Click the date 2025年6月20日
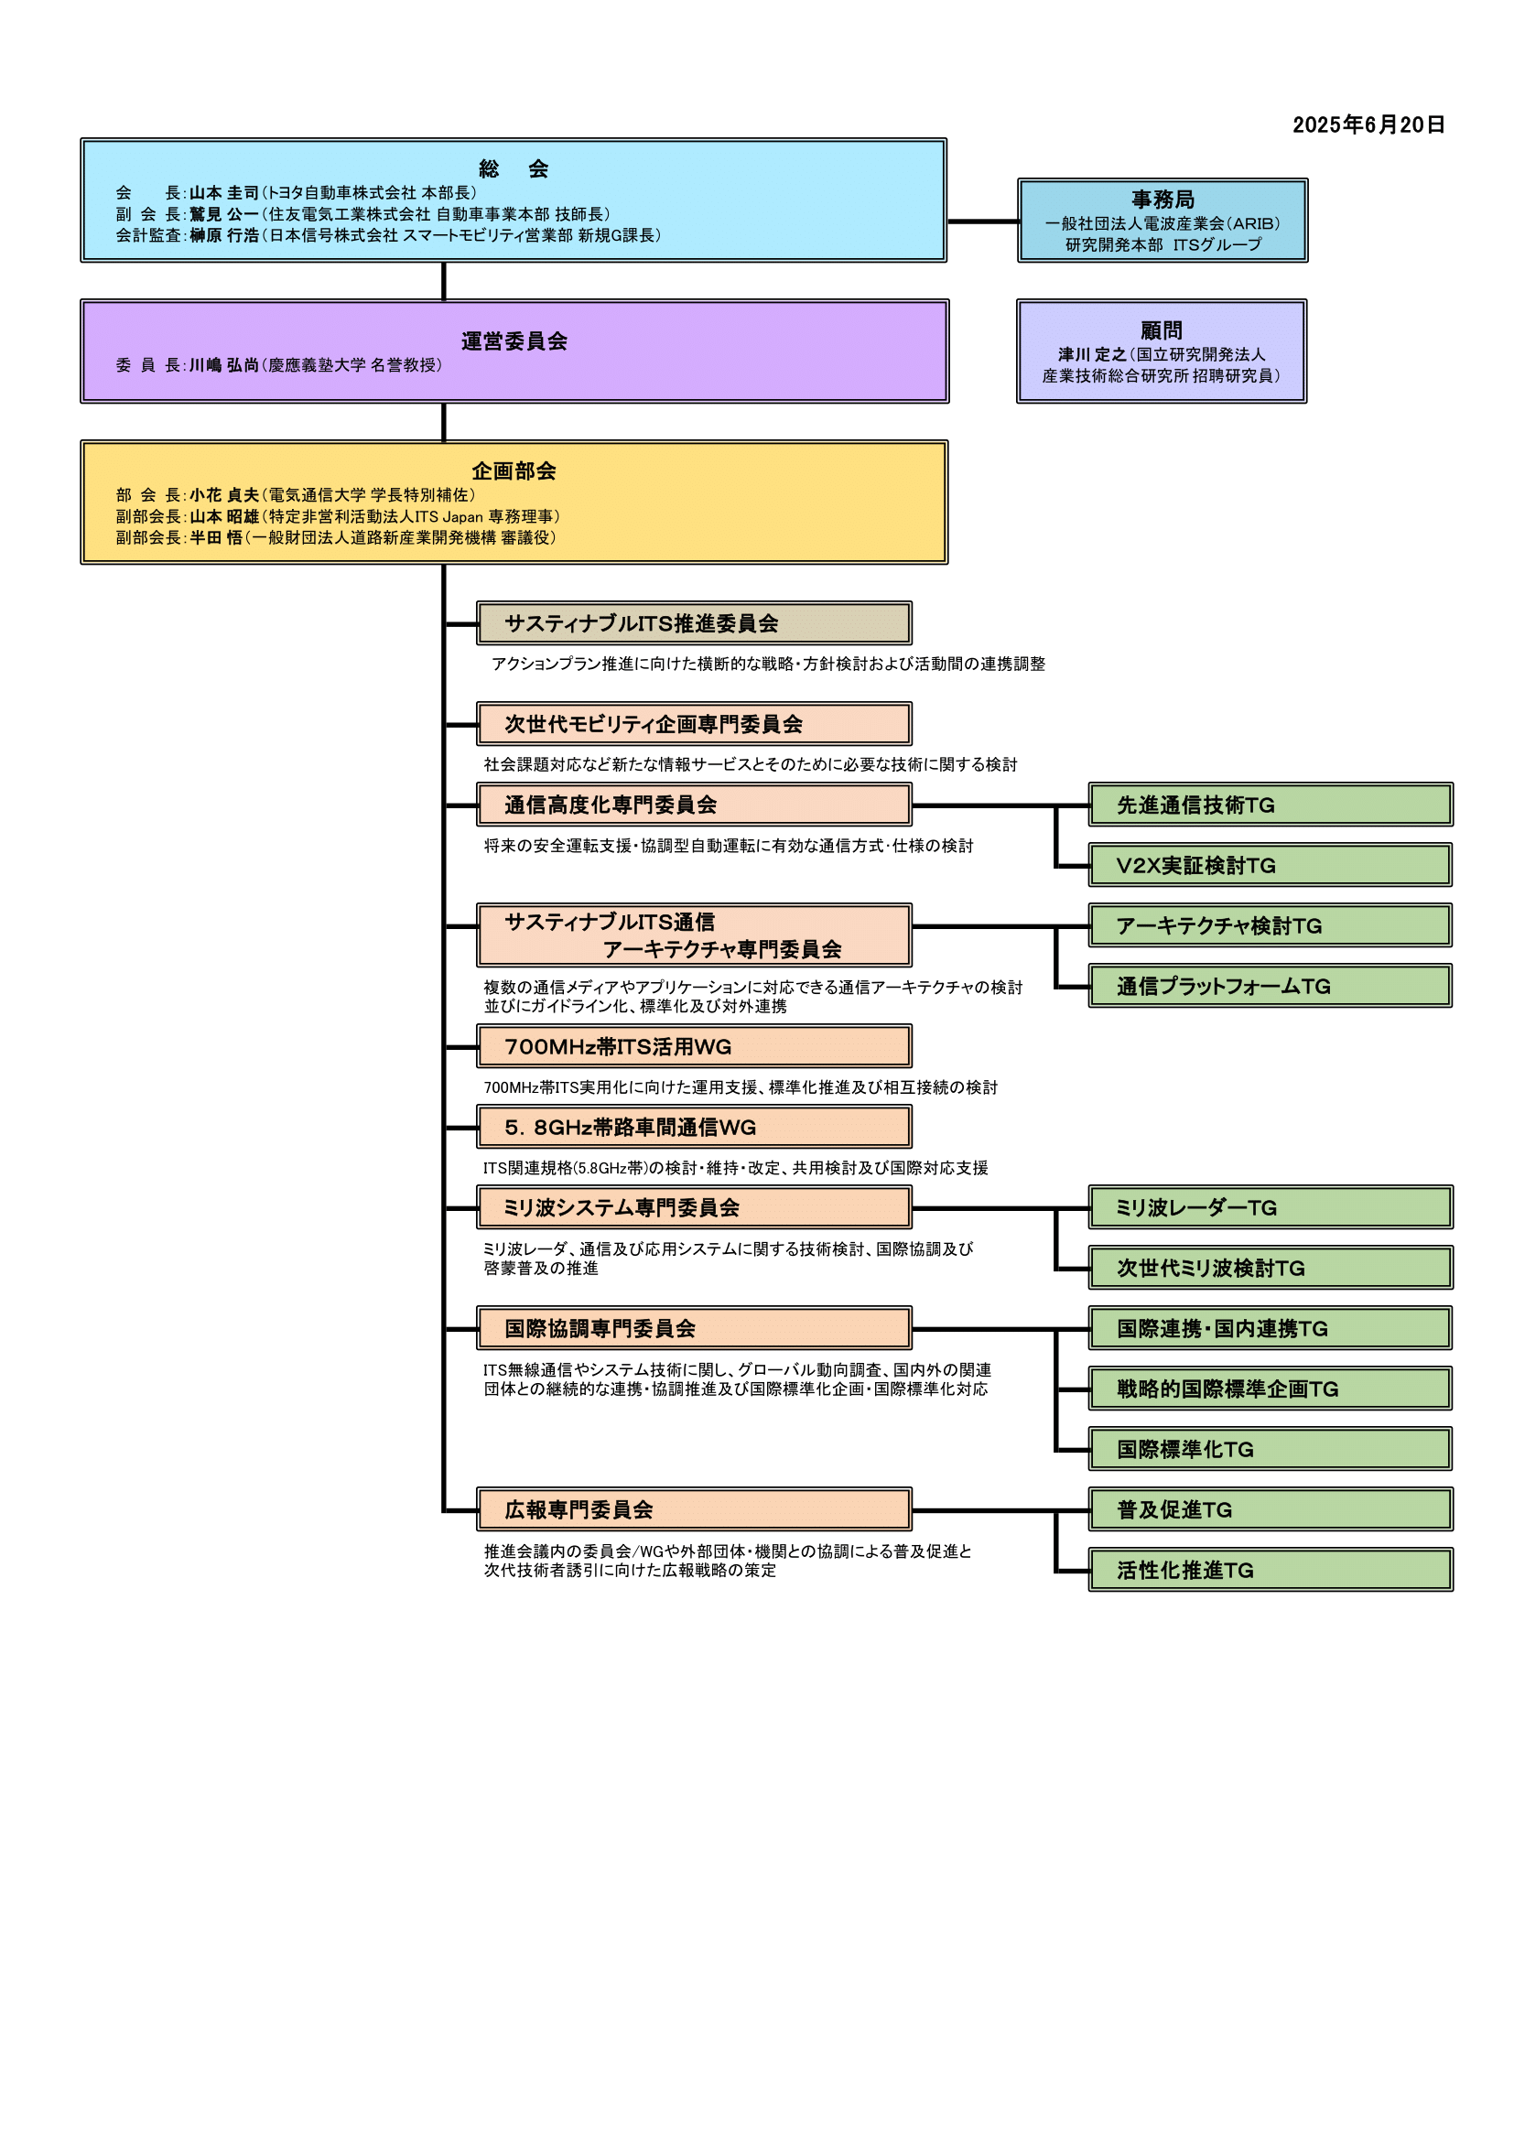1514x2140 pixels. pyautogui.click(x=1368, y=124)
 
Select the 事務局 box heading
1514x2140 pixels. pyautogui.click(x=1163, y=200)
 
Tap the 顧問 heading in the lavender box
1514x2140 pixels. pyautogui.click(x=1162, y=330)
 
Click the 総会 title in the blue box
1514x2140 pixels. pyautogui.click(x=514, y=168)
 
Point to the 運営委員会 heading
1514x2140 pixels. pyautogui.click(x=514, y=341)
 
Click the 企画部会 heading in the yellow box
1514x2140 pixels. pyautogui.click(x=514, y=470)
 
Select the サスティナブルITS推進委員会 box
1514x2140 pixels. pyautogui.click(x=695, y=622)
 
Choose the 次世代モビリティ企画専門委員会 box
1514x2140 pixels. pyautogui.click(x=695, y=723)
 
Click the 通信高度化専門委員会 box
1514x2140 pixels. pyautogui.click(x=695, y=805)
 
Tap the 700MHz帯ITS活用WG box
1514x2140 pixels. pyautogui.click(x=695, y=1047)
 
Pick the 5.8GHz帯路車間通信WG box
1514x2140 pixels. pyautogui.click(x=695, y=1127)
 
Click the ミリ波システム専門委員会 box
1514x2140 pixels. pyautogui.click(x=695, y=1207)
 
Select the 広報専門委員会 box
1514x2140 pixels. pyautogui.click(x=695, y=1509)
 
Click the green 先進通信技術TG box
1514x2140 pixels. pyautogui.click(x=1271, y=805)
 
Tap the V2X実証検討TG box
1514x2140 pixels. pyautogui.click(x=1271, y=865)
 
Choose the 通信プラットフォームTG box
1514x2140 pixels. pyautogui.click(x=1271, y=986)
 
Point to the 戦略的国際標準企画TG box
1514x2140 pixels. pyautogui.click(x=1271, y=1389)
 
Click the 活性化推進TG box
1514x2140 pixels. pyautogui.click(x=1271, y=1570)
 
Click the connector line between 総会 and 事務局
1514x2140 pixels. pyautogui.click(x=982, y=221)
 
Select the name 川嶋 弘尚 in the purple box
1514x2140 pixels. pyautogui.click(x=223, y=365)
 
